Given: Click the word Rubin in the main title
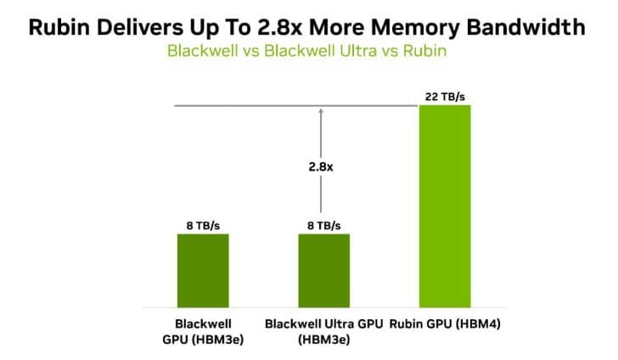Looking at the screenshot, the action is point(59,28).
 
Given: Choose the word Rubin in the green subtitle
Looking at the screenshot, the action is point(424,51).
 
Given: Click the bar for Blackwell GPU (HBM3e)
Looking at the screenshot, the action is point(203,271).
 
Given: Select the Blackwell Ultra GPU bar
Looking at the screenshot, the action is point(324,271).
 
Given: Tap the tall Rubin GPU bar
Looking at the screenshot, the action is point(445,206).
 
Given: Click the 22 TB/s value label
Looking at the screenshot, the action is point(445,97).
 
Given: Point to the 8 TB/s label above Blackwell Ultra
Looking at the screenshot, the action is point(324,226).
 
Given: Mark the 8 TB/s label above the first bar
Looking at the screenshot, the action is point(203,226).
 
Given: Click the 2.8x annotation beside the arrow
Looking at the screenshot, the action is point(321,167).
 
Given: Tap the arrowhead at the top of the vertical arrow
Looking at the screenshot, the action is point(321,110).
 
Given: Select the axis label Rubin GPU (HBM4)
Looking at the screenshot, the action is point(445,324).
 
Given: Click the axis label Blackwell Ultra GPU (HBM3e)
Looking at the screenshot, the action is point(324,332).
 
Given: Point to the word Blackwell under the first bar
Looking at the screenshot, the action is point(203,323).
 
